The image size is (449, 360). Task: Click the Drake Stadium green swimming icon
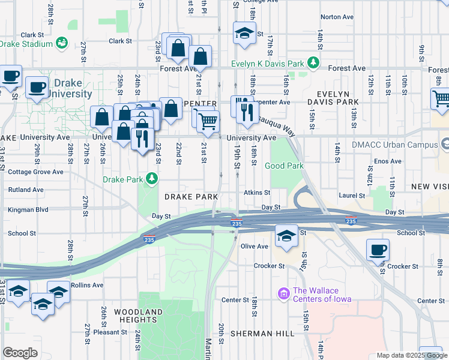click(61, 43)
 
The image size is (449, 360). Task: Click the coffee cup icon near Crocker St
click(378, 250)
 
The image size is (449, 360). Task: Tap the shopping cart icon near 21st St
click(208, 121)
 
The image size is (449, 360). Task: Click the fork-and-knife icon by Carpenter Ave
click(247, 110)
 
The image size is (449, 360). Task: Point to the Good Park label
click(284, 166)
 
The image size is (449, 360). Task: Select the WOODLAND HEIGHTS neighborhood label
click(138, 316)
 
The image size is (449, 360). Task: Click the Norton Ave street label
click(335, 34)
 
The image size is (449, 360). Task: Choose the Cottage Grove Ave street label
click(35, 172)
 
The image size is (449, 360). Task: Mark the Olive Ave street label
click(254, 246)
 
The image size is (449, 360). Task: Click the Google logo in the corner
click(20, 353)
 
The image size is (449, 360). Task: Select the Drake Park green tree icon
click(152, 179)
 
